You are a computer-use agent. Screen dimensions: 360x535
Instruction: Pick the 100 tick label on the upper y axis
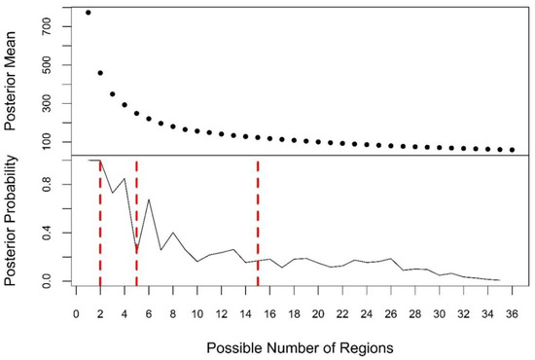[x=45, y=142]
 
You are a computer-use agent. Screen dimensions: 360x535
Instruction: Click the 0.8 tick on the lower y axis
[x=45, y=184]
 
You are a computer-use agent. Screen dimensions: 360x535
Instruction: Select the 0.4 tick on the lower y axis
[x=45, y=233]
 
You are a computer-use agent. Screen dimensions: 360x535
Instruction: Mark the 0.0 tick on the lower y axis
[x=45, y=281]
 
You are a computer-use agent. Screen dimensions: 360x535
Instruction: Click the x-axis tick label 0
[x=76, y=314]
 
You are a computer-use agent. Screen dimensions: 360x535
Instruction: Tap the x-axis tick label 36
[x=512, y=314]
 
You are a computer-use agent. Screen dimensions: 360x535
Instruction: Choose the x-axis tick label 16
[x=269, y=314]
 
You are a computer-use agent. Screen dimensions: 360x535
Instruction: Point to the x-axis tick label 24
[x=367, y=314]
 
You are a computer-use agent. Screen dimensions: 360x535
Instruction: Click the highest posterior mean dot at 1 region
[x=89, y=13]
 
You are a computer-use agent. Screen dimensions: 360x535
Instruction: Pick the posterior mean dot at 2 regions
[x=100, y=73]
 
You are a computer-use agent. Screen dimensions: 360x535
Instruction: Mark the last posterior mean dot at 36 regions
[x=512, y=150]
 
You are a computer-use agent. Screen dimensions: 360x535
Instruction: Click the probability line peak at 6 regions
[x=149, y=199]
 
